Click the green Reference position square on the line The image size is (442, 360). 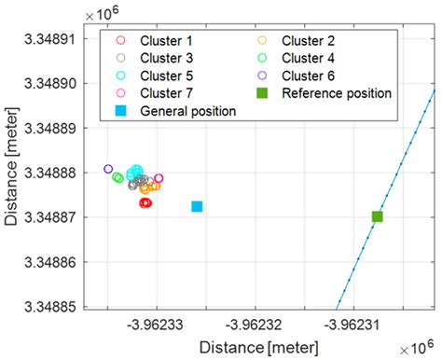377,216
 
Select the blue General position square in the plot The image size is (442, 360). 197,206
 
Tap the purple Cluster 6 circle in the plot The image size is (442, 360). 108,169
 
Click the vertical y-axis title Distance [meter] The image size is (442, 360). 12,173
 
